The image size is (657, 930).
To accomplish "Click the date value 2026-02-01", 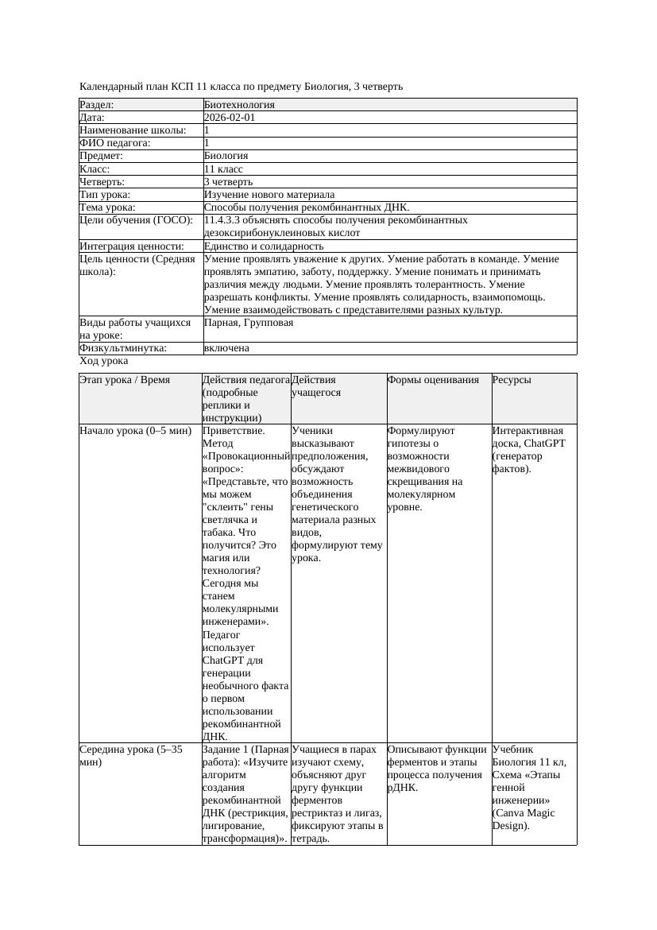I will [x=230, y=118].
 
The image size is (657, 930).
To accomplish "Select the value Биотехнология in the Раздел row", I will [x=239, y=105].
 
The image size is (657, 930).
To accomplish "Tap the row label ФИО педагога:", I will [x=115, y=143].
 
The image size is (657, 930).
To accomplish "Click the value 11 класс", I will [x=223, y=169].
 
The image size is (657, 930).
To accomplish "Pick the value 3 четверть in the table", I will [x=228, y=182].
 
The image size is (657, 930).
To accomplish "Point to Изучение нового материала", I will [x=269, y=195].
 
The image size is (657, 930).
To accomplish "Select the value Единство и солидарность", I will [x=264, y=246].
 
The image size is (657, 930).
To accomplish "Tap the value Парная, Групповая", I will [x=249, y=323].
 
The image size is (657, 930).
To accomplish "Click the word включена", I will [x=226, y=348].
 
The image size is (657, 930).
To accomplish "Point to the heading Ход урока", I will [x=103, y=361].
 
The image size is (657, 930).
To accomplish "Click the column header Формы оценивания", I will [x=434, y=380].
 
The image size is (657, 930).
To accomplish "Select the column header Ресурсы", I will [x=512, y=380].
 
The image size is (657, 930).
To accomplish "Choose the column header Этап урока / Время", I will [x=125, y=380].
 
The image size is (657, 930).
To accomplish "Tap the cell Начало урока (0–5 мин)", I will [x=136, y=431].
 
